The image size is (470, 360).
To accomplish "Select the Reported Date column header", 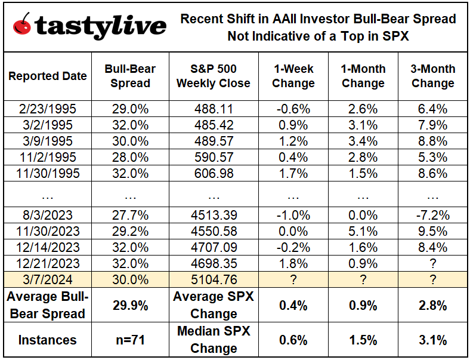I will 47,76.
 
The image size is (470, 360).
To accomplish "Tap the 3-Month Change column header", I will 432,76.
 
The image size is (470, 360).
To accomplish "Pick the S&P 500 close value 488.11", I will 213,109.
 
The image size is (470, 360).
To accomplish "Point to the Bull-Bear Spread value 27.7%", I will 129,216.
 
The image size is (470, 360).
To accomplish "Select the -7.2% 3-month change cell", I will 432,216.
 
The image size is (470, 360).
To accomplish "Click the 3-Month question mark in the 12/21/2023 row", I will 432,262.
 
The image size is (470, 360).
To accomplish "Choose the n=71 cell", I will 129,340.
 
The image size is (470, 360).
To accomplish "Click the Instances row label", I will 47,340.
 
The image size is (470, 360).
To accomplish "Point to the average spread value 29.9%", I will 129,305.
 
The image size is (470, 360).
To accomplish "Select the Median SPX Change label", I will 213,340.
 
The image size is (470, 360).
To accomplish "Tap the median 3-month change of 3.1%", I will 432,340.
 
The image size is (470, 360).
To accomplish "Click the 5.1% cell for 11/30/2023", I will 363,231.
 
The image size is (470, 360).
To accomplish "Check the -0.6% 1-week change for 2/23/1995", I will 293,109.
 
